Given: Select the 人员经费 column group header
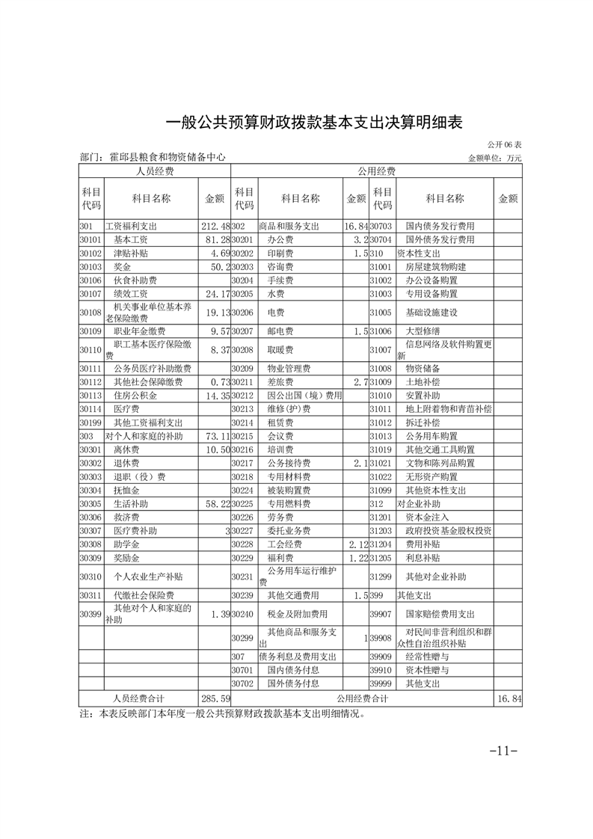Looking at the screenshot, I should click(154, 171).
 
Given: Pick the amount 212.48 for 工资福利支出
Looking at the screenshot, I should click(215, 226).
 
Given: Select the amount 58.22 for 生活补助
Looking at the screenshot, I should click(215, 503).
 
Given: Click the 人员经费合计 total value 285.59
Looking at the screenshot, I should click(215, 698).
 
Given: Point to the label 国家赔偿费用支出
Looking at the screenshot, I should click(440, 614).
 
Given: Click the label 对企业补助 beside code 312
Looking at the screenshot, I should click(419, 504).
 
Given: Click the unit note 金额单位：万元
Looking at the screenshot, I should click(494, 158).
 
